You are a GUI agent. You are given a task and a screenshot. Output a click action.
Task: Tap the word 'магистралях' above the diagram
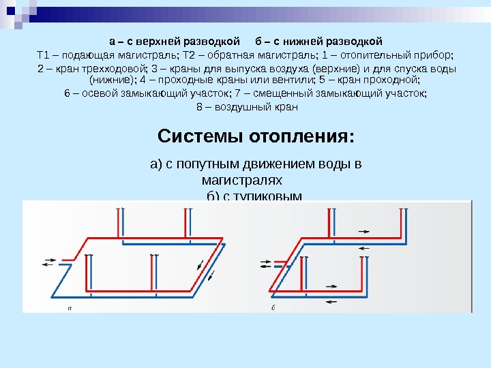(242, 181)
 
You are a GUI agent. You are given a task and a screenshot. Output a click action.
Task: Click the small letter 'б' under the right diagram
(273, 307)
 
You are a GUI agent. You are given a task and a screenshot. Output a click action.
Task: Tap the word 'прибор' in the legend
(436, 55)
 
